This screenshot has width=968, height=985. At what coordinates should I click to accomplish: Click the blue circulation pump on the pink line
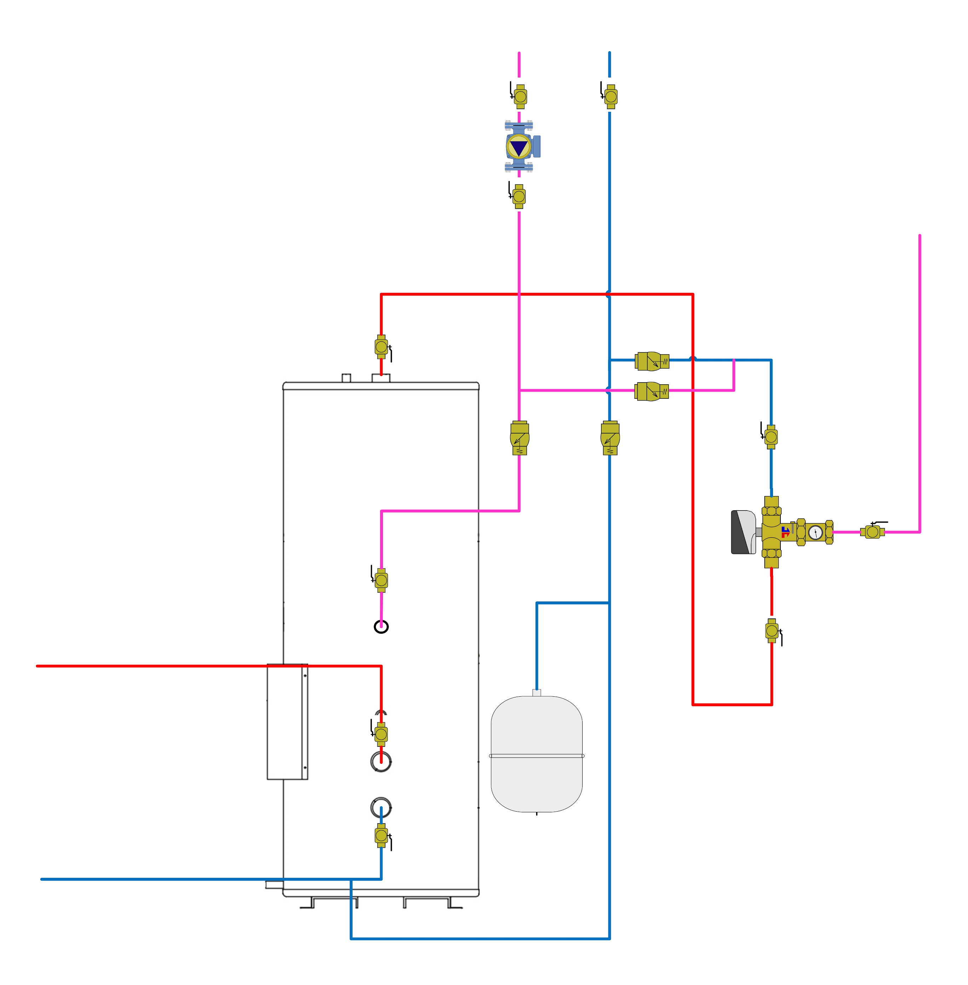pos(520,147)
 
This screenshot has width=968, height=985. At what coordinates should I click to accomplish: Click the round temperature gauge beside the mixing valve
pos(815,532)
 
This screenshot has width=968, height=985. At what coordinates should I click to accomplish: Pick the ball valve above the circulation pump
pos(520,96)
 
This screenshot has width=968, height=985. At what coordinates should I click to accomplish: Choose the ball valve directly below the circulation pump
pos(519,196)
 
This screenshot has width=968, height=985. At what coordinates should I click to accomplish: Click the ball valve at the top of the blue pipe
pos(611,96)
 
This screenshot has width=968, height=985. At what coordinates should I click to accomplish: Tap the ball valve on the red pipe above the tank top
pos(381,347)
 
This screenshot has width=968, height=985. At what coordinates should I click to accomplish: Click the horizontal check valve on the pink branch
pos(651,391)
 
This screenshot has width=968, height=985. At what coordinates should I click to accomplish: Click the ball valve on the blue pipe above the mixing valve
pos(771,437)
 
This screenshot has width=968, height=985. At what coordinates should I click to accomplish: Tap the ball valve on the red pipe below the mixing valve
pos(772,631)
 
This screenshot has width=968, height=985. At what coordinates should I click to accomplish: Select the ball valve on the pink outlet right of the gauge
pos(872,532)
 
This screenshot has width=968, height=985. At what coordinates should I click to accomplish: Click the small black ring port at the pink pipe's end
pos(381,627)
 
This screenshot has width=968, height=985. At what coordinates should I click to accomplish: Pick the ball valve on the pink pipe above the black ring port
pos(381,580)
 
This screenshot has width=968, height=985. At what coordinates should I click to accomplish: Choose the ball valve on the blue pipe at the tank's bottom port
pos(381,836)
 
